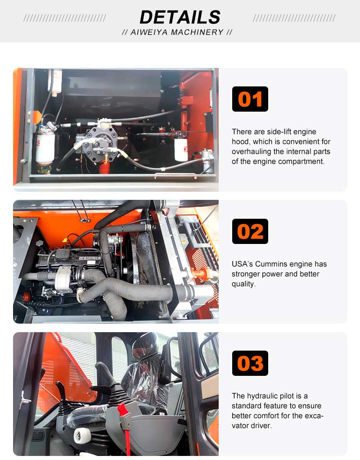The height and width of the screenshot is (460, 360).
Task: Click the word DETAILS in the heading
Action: coord(180,17)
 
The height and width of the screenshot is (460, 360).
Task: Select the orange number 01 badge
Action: coord(250,99)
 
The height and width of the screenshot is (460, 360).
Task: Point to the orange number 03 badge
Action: coord(250,363)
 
